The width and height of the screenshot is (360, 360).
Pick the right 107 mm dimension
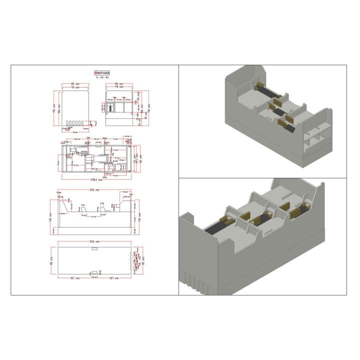pyautogui.click(x=114, y=278)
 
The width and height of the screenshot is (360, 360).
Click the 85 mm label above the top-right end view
pyautogui.click(x=119, y=83)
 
